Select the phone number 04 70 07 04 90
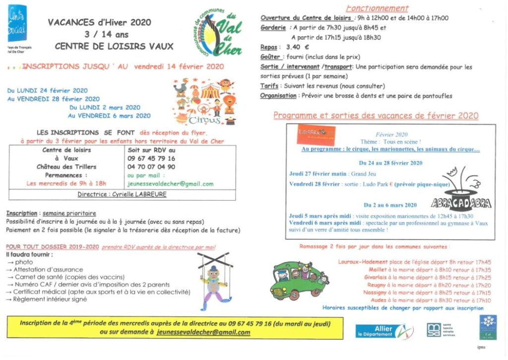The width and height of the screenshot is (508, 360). pos(151,167)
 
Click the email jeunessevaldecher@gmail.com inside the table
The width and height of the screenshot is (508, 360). pos(171,184)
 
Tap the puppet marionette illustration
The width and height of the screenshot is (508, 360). pos(215,280)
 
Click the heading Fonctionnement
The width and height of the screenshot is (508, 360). pos(377,8)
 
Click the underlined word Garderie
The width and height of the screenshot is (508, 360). pos(273,28)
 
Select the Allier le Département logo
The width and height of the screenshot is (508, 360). pos(384,332)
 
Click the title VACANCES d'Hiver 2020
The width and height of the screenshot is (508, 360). pos(99,22)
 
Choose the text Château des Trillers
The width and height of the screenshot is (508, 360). pos(66,167)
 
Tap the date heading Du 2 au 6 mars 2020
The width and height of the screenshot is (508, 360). pos(390,205)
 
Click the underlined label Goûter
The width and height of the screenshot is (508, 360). pos(271,57)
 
